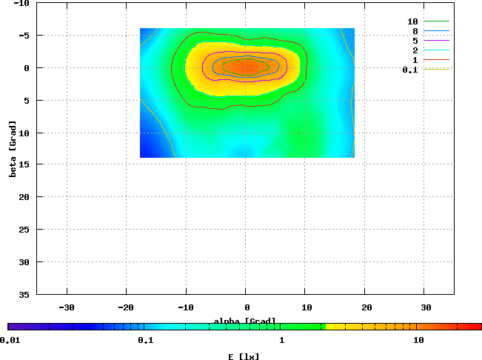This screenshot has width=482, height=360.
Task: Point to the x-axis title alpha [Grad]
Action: click(x=245, y=321)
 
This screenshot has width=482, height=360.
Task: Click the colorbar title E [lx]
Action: click(x=244, y=356)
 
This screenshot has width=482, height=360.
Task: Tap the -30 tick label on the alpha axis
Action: click(x=67, y=307)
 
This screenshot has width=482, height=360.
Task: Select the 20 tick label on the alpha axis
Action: click(x=366, y=307)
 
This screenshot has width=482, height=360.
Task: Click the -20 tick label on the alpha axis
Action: click(x=127, y=307)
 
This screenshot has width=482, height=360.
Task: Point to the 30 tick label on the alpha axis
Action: click(x=426, y=307)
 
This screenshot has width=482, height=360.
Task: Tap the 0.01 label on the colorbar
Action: click(x=10, y=340)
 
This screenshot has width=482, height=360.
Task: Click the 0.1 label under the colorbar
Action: click(x=145, y=340)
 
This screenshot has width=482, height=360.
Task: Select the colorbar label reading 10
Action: click(x=418, y=340)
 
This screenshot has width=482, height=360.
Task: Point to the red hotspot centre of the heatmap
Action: click(x=247, y=67)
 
